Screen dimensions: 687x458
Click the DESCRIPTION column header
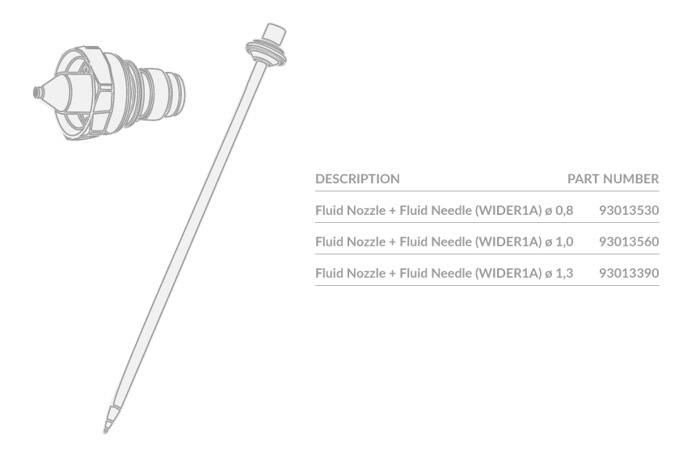click(357, 179)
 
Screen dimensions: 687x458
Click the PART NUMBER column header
click(613, 179)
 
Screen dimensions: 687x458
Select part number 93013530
click(629, 210)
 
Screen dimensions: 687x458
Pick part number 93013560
click(629, 242)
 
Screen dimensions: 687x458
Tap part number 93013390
click(629, 273)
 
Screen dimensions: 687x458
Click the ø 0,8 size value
click(559, 211)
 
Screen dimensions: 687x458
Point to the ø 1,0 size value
click(559, 242)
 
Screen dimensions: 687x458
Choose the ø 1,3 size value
click(559, 274)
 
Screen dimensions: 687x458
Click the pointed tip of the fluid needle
click(105, 432)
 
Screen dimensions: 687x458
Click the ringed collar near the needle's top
click(267, 53)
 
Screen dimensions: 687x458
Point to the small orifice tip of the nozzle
click(38, 92)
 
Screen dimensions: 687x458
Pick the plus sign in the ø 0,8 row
click(393, 211)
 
